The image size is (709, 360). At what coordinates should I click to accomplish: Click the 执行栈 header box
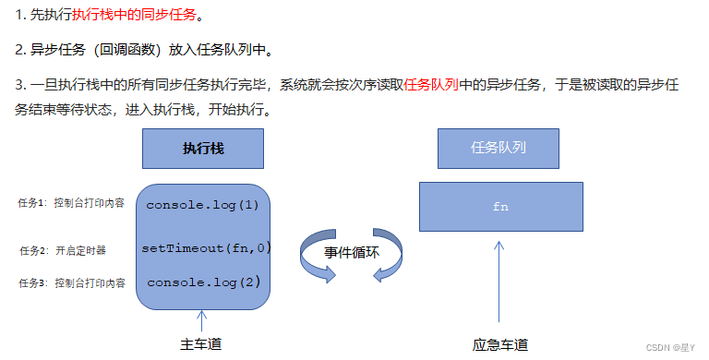coord(203,148)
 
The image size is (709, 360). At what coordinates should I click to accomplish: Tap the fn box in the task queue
coord(500,207)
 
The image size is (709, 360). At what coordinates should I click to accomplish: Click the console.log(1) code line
coord(203,205)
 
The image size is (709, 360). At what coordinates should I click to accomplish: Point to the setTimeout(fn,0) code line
coord(206,247)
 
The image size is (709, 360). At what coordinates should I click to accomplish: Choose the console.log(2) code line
coord(204,282)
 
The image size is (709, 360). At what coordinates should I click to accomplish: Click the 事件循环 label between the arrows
coord(352,252)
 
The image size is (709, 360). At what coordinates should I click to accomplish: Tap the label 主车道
coord(201,343)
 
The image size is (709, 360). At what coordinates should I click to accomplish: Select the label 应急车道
coord(500,344)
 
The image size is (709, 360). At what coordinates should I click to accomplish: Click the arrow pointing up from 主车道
coord(201,321)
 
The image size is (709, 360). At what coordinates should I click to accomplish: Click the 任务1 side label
coord(71,202)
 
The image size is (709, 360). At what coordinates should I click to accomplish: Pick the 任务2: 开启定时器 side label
coord(63,249)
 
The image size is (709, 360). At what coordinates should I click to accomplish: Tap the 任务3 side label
coord(71,282)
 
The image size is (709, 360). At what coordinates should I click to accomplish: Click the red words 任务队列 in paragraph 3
coord(431,84)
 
